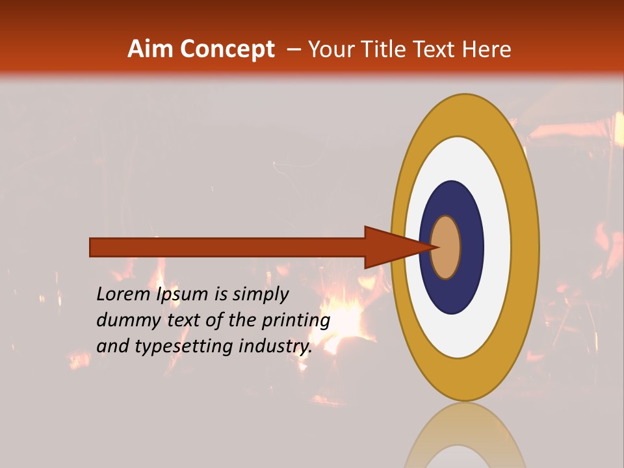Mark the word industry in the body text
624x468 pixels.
coord(276,346)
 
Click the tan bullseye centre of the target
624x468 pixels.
coord(446,247)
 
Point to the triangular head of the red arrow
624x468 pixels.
coord(390,247)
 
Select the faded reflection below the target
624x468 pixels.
coord(465,435)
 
